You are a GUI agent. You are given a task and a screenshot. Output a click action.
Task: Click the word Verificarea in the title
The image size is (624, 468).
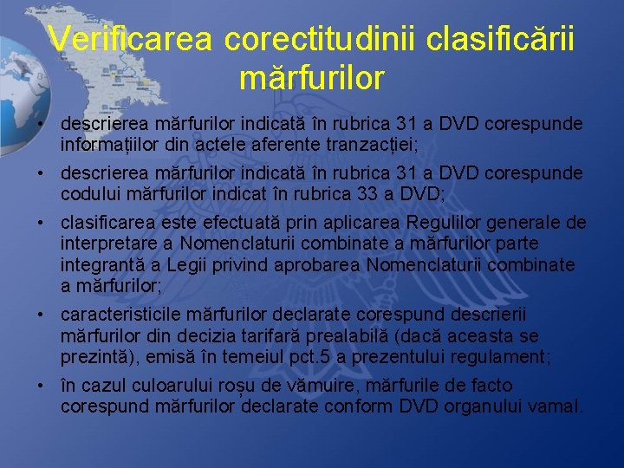tap(130, 39)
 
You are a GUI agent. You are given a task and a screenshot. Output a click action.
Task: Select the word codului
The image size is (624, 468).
tap(90, 192)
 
